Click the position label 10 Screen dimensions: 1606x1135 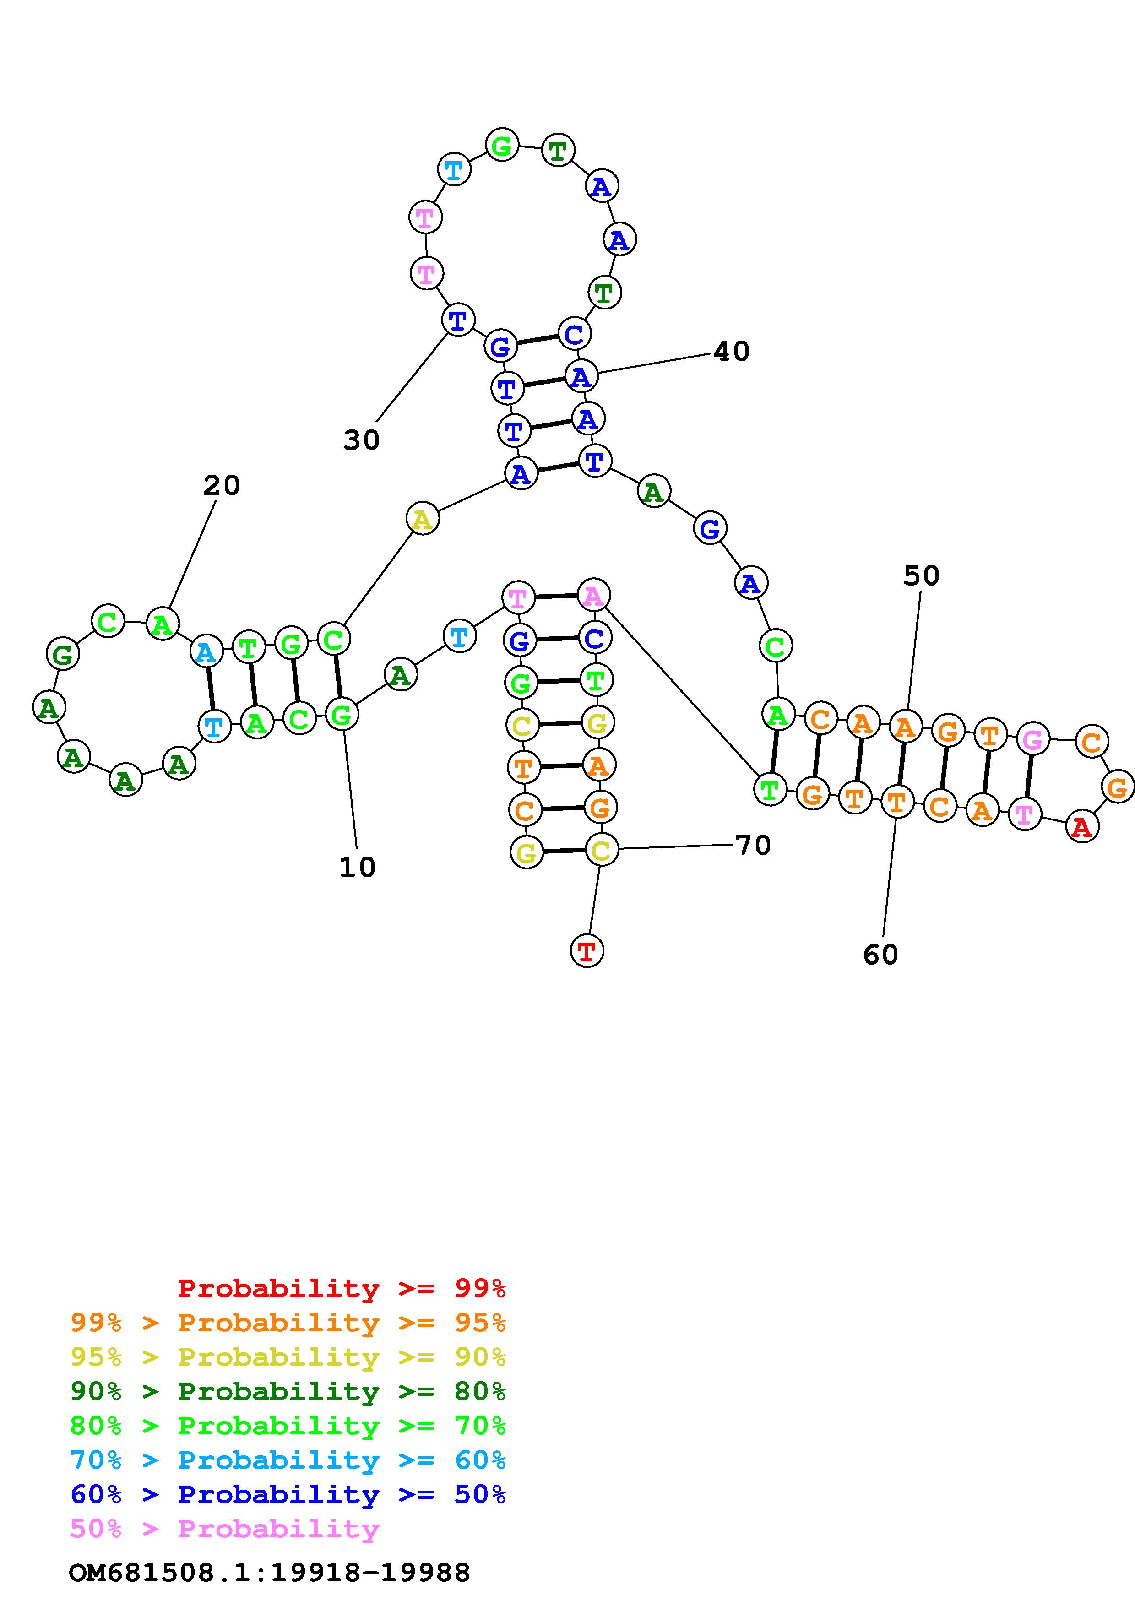pyautogui.click(x=358, y=868)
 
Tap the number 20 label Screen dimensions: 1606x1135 pyautogui.click(x=222, y=485)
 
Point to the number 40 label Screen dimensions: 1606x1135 pyautogui.click(x=732, y=351)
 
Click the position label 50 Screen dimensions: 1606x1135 pyautogui.click(x=921, y=575)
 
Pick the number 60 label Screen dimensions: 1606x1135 pyautogui.click(x=880, y=954)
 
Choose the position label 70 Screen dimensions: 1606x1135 pyautogui.click(x=753, y=845)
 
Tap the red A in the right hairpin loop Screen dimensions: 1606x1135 pyautogui.click(x=1082, y=827)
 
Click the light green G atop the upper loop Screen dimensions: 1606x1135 pyautogui.click(x=502, y=146)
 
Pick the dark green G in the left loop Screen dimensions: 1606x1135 pyautogui.click(x=62, y=655)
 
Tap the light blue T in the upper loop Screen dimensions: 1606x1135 pyautogui.click(x=453, y=169)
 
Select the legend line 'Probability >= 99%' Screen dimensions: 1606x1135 pyautogui.click(x=342, y=1288)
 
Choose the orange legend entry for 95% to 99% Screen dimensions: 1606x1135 pyautogui.click(x=288, y=1323)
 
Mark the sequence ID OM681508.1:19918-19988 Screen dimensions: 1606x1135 pyautogui.click(x=270, y=1573)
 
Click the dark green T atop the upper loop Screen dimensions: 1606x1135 pyautogui.click(x=557, y=150)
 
